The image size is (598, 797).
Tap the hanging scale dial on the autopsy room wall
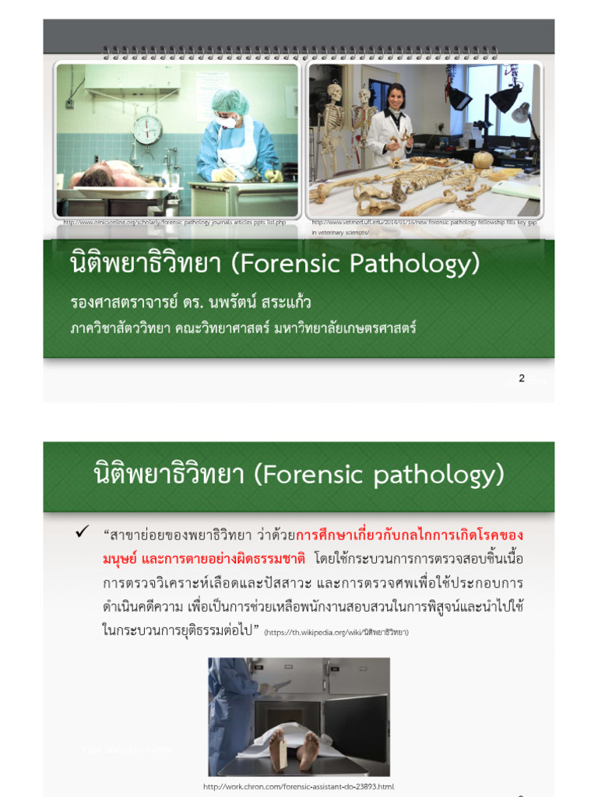coord(147,129)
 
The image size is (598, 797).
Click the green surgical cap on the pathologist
coord(230,100)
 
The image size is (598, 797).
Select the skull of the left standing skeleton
coord(335,91)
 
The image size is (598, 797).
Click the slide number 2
coord(522,378)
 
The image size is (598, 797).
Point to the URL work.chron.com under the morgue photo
coord(298,787)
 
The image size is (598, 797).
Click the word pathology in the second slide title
coord(448,473)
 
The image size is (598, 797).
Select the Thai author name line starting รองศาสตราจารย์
coord(191,302)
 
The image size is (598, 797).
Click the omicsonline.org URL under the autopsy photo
coord(176,223)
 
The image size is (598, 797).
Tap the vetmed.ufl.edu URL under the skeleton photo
coord(424,223)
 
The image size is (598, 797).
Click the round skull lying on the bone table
coord(483,160)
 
